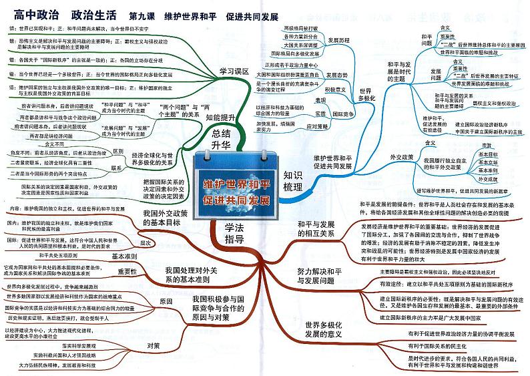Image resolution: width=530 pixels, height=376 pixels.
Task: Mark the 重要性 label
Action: coord(126,271)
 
